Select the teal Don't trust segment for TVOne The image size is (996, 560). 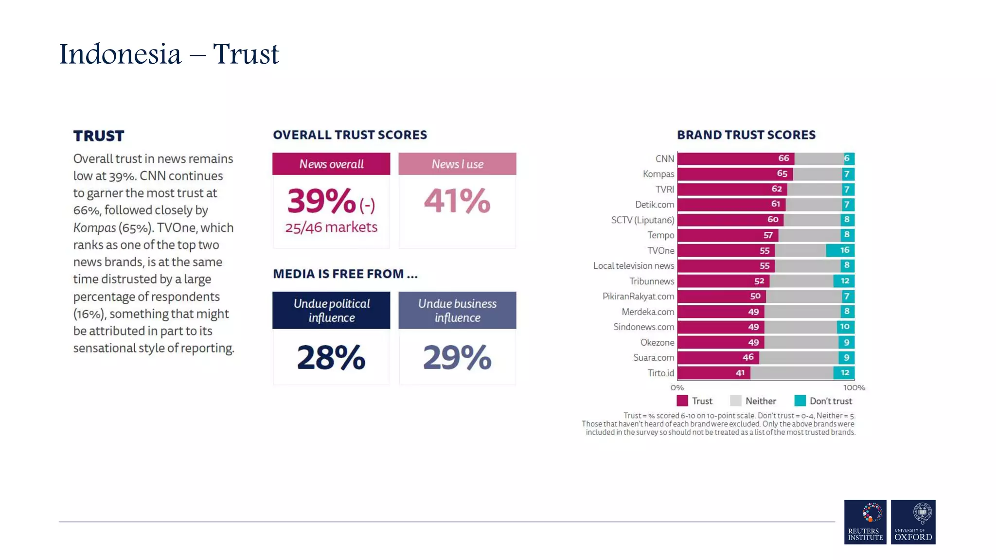coord(840,250)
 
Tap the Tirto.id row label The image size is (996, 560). coord(660,373)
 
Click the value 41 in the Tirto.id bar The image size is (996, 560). coord(740,373)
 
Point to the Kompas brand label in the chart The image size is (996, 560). coord(658,174)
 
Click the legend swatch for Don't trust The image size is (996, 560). coord(800,401)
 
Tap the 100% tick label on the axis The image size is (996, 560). coord(854,387)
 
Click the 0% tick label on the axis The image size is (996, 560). coord(677,387)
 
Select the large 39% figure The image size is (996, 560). coord(321,201)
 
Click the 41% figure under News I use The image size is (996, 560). coord(457,201)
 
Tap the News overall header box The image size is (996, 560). coord(331,164)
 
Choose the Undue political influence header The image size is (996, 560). coord(331,310)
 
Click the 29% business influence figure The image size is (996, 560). coord(457,357)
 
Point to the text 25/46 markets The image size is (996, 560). coord(331,227)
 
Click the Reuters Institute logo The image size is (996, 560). coord(865,522)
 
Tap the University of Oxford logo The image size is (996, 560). coord(912,522)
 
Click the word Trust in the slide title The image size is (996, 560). coord(246,54)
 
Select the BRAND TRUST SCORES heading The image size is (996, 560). coord(746,135)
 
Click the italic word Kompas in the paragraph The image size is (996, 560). coord(94,227)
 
